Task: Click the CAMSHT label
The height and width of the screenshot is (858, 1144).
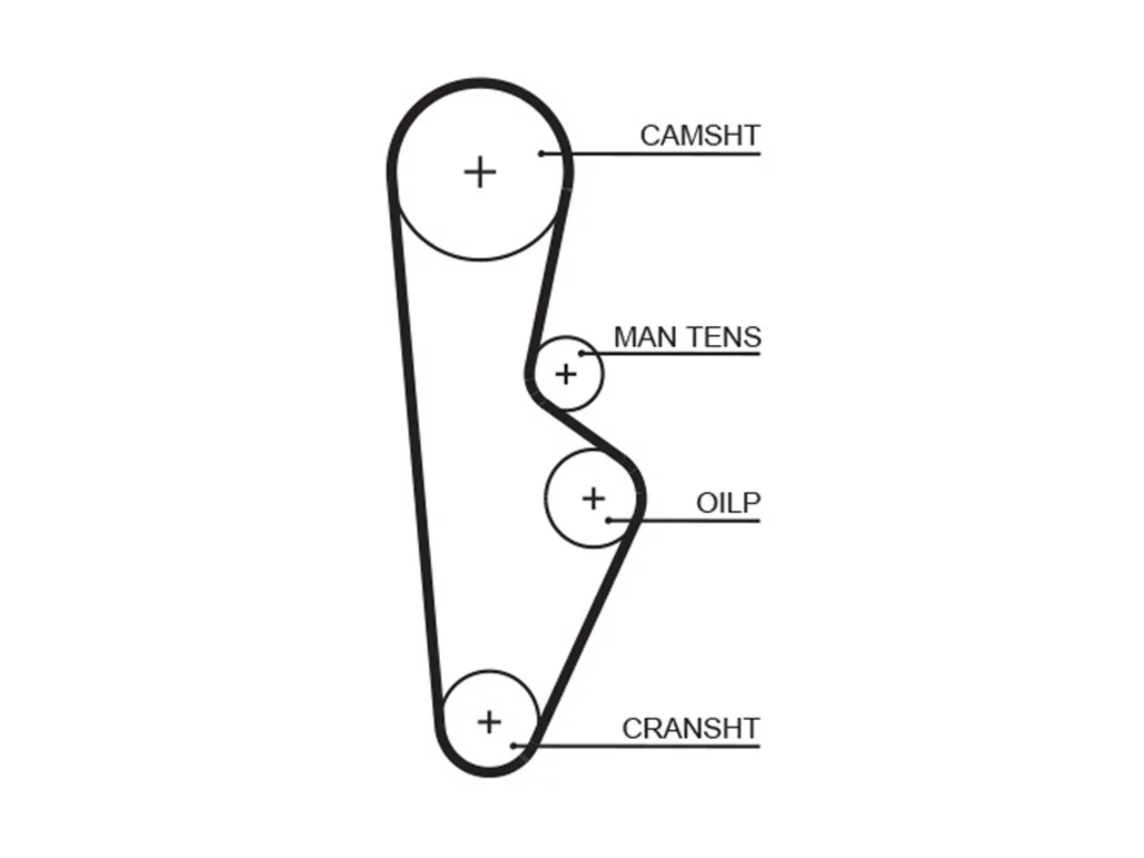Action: coord(699,136)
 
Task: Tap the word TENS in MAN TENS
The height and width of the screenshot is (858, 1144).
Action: coord(724,337)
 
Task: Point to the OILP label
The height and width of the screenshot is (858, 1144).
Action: coord(728,502)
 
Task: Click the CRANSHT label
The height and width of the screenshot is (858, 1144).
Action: coord(691,728)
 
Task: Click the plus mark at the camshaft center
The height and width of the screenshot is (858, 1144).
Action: coord(479,172)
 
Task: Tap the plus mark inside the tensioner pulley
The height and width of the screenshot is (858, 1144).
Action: coord(566,374)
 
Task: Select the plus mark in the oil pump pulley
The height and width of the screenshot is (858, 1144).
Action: coord(593,498)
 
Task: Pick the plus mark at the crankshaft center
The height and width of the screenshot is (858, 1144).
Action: coord(489,722)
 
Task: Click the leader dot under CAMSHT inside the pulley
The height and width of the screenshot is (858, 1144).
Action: coord(542,154)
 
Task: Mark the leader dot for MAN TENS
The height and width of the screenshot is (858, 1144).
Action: coord(581,354)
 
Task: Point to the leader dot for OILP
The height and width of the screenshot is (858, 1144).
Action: coord(609,520)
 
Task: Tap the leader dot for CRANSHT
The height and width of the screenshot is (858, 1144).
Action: coord(513,746)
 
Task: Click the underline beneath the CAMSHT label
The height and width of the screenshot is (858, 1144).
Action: coord(651,154)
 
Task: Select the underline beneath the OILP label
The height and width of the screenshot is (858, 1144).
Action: coord(685,520)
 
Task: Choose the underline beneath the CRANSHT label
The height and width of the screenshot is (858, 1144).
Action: coord(637,746)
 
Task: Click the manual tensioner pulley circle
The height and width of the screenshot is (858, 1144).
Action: coord(603,374)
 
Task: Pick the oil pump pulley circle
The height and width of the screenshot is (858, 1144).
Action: coord(546,498)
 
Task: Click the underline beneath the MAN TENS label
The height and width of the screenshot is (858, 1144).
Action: coord(671,354)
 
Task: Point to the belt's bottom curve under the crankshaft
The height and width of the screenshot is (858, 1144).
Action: coord(489,772)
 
